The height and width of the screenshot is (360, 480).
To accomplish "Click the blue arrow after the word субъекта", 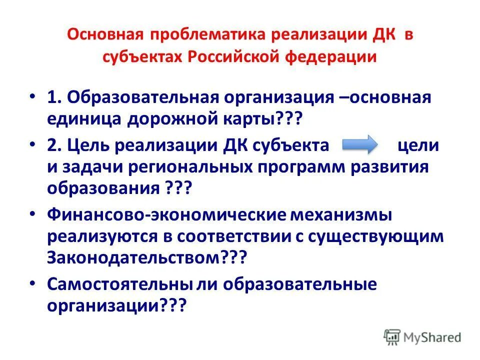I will [360, 145].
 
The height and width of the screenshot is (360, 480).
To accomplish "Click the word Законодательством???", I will [148, 258].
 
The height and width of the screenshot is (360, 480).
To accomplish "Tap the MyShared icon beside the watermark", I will [392, 337].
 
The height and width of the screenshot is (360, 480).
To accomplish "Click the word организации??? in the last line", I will [116, 306].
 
